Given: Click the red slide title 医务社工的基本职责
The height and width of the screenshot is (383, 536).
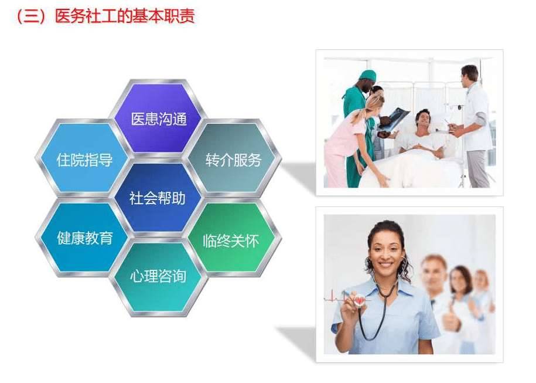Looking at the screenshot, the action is click(125, 16).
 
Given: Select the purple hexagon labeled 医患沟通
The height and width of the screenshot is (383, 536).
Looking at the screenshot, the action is click(159, 118).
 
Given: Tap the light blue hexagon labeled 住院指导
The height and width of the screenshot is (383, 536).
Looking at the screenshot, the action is click(84, 158).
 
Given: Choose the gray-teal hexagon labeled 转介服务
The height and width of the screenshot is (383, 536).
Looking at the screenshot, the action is click(233, 158).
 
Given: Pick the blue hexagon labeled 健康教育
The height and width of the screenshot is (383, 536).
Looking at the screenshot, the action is click(84, 238).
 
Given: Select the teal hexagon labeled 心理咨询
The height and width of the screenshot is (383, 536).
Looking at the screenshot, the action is click(159, 277).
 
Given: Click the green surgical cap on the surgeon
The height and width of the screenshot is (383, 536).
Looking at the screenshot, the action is click(367, 74).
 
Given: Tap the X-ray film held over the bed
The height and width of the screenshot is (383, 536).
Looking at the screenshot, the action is click(394, 118).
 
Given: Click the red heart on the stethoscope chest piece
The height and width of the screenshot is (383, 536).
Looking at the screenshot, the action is click(359, 300).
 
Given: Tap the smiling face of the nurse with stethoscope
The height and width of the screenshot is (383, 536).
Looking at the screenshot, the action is click(385, 252).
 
